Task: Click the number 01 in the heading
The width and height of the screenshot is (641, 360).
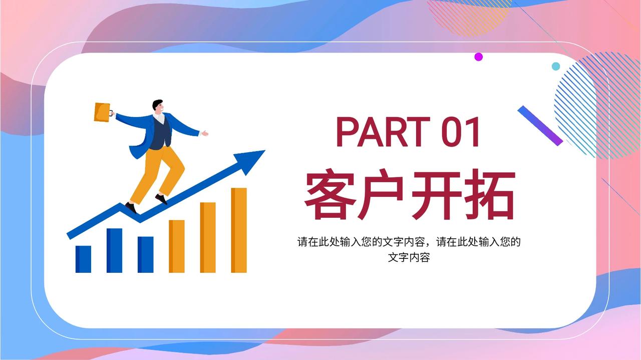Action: pos(460,132)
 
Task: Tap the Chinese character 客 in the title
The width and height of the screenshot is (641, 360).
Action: pos(329,194)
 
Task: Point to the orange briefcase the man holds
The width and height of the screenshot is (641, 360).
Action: pos(103,112)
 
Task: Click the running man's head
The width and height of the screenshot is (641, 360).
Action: pos(158,107)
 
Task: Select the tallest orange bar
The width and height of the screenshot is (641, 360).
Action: pos(239,230)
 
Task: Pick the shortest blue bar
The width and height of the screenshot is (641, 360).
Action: pos(83,259)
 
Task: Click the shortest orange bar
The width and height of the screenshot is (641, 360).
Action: pos(177,246)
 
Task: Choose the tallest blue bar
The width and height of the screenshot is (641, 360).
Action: pos(115,250)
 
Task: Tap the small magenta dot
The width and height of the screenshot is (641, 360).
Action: pos(478,57)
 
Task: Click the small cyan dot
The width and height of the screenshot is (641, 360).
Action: pos(556,67)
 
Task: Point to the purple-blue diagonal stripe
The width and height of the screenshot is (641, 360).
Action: pos(540,126)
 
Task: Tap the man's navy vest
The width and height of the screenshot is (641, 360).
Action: pos(160,133)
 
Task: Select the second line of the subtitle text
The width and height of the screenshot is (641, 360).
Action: pos(409,257)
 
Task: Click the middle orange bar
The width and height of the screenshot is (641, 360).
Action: pos(208,237)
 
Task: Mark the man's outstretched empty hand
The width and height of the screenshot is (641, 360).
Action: pos(204,133)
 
